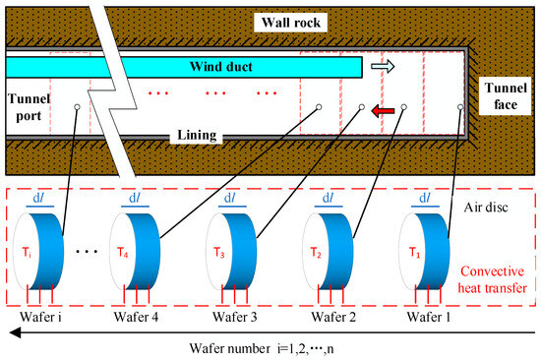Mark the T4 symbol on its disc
coord(121,248)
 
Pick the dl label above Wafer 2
coord(327,197)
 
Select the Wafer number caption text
coord(266,346)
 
